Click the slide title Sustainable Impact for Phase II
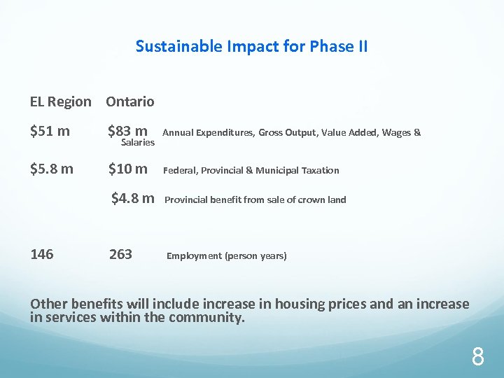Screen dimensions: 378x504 point(251,47)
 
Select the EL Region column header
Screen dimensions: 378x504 point(60,101)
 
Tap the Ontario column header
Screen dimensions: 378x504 point(130,101)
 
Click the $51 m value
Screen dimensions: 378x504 point(50,130)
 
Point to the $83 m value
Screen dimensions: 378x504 point(127,130)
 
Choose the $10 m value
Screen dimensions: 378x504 point(127,169)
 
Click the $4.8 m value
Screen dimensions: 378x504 point(133,199)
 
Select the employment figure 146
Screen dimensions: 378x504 point(42,254)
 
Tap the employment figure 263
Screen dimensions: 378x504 point(120,254)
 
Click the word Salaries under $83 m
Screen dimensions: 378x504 point(138,143)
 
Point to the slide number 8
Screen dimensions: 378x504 point(477,358)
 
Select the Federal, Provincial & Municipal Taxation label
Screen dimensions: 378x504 point(251,170)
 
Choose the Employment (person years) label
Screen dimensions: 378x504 point(226,256)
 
